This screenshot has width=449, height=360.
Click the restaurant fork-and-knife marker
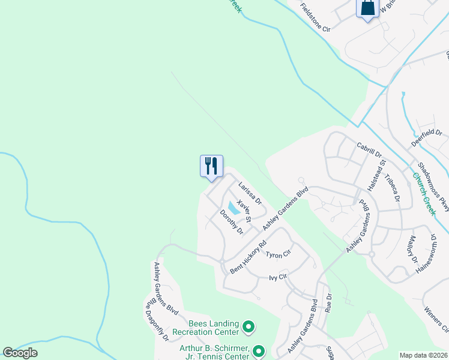pyautogui.click(x=211, y=166)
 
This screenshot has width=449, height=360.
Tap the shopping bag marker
pyautogui.click(x=367, y=8)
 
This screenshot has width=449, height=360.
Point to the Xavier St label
pyautogui.click(x=243, y=211)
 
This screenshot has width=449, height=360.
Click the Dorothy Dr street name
pyautogui.click(x=231, y=222)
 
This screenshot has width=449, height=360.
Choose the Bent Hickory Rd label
pyautogui.click(x=248, y=258)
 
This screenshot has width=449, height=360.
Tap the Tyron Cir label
pyautogui.click(x=278, y=254)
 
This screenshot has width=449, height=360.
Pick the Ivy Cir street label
pyautogui.click(x=279, y=277)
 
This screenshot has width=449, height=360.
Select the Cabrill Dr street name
pyautogui.click(x=369, y=149)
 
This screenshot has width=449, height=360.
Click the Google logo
pyautogui.click(x=20, y=353)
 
